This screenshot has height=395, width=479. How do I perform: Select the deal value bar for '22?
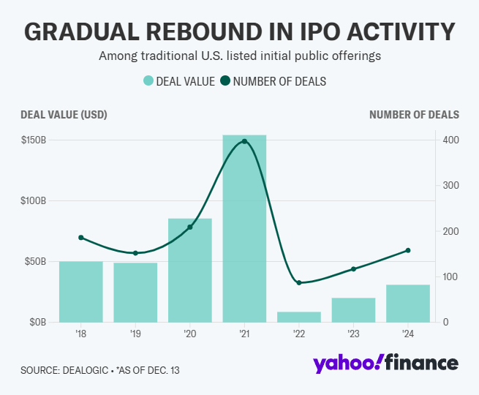click(299, 317)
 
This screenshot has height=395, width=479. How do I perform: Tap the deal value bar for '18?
click(80, 291)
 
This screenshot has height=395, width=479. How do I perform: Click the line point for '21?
click(244, 141)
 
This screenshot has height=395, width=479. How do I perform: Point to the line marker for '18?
click(81, 238)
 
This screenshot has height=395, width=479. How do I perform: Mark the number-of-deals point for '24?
click(408, 250)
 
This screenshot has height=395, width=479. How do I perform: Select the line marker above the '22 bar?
click(299, 282)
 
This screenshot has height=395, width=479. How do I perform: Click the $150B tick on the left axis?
click(34, 140)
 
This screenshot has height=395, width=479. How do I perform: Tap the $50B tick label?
click(35, 261)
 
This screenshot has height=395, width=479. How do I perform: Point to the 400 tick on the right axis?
click(451, 140)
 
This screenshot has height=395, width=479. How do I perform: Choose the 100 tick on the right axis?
click(451, 276)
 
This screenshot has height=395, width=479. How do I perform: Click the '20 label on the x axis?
click(190, 334)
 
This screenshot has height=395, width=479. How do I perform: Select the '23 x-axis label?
click(353, 334)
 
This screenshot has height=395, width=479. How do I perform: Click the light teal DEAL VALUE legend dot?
click(148, 81)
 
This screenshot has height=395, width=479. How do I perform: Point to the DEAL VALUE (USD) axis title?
click(64, 114)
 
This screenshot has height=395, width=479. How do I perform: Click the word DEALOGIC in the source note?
click(88, 370)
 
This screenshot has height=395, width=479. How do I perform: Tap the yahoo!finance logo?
click(385, 364)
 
